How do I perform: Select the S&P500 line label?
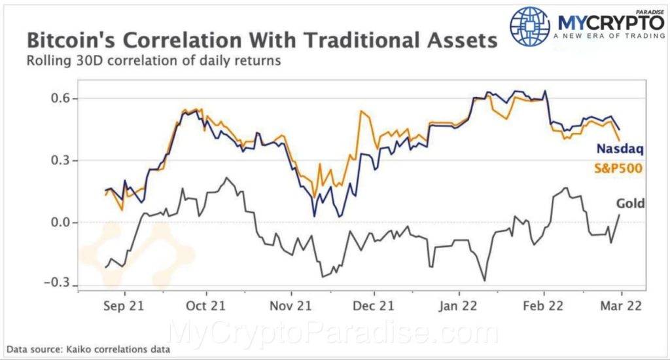click(x=617, y=168)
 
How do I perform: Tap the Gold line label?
click(x=631, y=204)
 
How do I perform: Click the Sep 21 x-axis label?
click(x=124, y=306)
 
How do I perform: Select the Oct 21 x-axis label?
click(x=206, y=306)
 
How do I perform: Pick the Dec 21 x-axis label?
click(x=373, y=306)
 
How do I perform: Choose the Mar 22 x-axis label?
click(x=620, y=306)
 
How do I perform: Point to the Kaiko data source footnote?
click(x=89, y=350)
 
